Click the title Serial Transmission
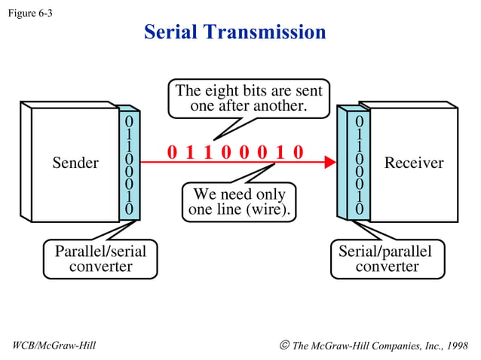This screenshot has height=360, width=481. point(234,32)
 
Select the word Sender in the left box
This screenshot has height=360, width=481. point(75,163)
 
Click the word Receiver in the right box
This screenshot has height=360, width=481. point(414,163)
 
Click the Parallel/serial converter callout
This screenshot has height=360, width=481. point(100,258)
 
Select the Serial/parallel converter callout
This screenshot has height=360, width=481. point(387,258)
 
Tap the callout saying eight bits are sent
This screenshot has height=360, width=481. point(249,99)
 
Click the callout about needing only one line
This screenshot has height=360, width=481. point(239,202)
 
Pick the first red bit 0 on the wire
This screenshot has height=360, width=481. point(172,153)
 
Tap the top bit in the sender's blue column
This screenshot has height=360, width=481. point(129,121)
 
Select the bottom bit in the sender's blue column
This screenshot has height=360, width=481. point(129,208)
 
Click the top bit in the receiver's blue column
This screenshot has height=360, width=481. point(360,121)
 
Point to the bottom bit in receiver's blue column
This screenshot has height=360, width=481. point(360,208)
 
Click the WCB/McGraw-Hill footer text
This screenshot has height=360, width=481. point(55,346)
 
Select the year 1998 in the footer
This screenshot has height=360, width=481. point(455,346)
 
